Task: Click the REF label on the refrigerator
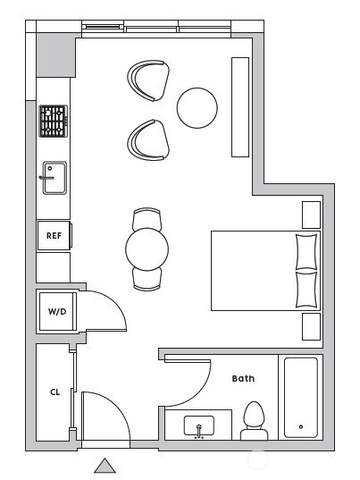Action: [54, 235]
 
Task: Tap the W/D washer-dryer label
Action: [57, 312]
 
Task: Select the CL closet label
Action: [55, 392]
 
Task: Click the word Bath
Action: [243, 379]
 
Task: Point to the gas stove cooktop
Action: [54, 122]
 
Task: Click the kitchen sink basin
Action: [54, 178]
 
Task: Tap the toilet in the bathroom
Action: [255, 421]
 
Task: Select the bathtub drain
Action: [301, 426]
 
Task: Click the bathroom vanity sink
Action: [199, 426]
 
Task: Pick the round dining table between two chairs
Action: [147, 248]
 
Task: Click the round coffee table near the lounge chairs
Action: [197, 108]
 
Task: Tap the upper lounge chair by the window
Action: [148, 80]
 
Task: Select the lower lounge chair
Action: [148, 140]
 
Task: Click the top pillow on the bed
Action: [306, 252]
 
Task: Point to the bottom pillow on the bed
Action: [306, 290]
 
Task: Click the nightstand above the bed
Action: [312, 215]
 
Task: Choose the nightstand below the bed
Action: [312, 326]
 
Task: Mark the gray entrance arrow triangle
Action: [105, 466]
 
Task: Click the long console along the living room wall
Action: [240, 107]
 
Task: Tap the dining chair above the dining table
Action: [147, 219]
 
